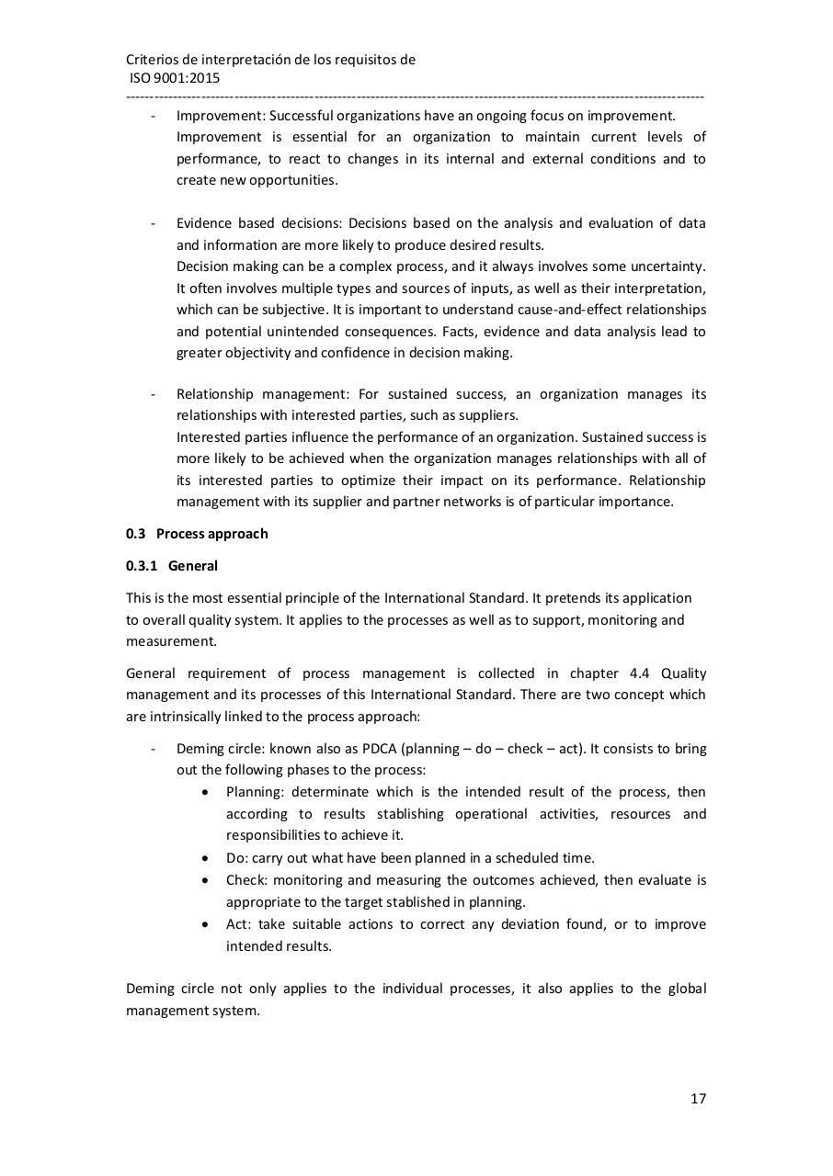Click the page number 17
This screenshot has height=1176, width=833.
[x=698, y=1098]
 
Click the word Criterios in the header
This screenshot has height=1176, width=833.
[x=154, y=60]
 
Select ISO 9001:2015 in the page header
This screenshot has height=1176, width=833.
[x=175, y=78]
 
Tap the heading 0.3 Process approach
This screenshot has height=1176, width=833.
[x=197, y=533]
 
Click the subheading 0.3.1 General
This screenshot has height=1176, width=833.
[x=172, y=566]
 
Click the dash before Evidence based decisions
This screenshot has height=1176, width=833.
[x=154, y=223]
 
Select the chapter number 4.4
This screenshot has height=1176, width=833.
[x=640, y=673]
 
